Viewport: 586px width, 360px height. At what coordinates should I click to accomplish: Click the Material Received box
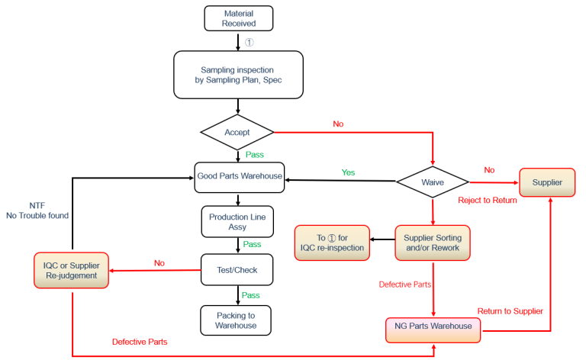click(x=238, y=18)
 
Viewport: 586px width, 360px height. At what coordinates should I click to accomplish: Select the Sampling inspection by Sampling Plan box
click(x=238, y=75)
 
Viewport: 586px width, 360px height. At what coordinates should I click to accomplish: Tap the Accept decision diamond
click(x=237, y=132)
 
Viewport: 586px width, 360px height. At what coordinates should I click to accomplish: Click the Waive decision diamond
click(x=433, y=182)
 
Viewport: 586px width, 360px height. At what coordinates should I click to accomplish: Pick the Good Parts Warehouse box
click(x=239, y=176)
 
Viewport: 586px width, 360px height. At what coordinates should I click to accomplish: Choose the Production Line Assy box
click(x=238, y=222)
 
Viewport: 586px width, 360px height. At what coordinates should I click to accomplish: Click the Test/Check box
click(x=238, y=268)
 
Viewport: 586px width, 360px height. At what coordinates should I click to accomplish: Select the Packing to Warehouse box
click(x=238, y=320)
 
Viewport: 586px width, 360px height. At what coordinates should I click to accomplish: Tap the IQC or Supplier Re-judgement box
click(x=72, y=270)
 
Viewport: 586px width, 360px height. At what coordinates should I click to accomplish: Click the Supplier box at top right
click(x=547, y=183)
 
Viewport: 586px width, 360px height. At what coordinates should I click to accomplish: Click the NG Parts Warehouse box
click(x=433, y=326)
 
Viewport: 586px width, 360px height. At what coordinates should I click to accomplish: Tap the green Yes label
click(x=348, y=172)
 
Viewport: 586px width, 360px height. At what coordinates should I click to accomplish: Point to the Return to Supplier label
click(x=510, y=310)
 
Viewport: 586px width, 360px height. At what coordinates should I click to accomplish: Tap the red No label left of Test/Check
click(x=159, y=262)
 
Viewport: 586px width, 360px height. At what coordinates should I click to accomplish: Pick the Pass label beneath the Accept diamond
click(x=254, y=154)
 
